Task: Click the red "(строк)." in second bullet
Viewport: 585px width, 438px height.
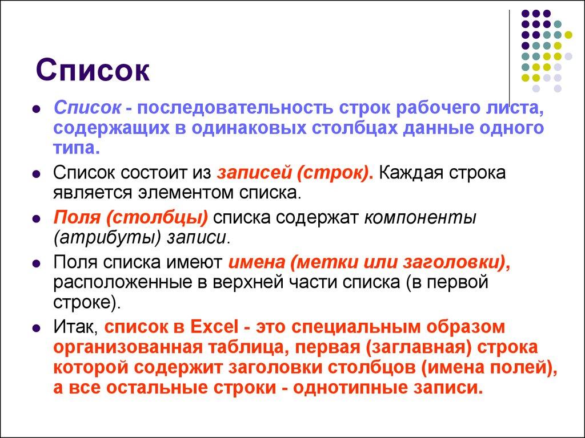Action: [335, 173]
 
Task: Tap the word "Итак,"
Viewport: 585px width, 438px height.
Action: [77, 328]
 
